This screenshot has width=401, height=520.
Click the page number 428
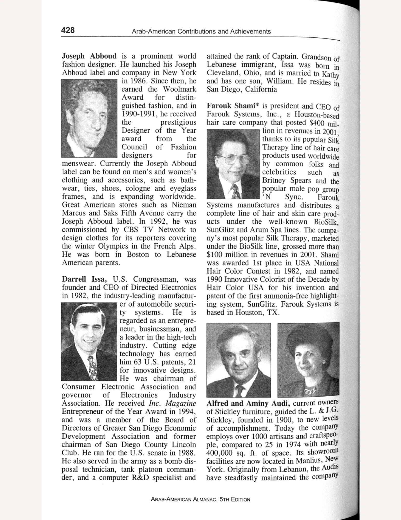pyautogui.click(x=68, y=30)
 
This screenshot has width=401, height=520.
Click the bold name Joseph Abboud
pyautogui.click(x=89, y=56)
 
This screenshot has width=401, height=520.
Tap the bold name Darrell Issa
pyautogui.click(x=84, y=279)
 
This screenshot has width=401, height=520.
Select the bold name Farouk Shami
pyautogui.click(x=233, y=106)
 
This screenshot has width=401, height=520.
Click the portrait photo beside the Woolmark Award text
pyautogui.click(x=89, y=118)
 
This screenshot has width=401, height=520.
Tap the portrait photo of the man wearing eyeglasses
pyautogui.click(x=233, y=164)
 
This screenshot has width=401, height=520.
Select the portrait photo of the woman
pyautogui.click(x=308, y=360)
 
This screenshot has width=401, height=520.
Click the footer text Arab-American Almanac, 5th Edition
pyautogui.click(x=200, y=499)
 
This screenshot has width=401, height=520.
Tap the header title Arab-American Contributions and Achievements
pyautogui.click(x=201, y=31)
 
